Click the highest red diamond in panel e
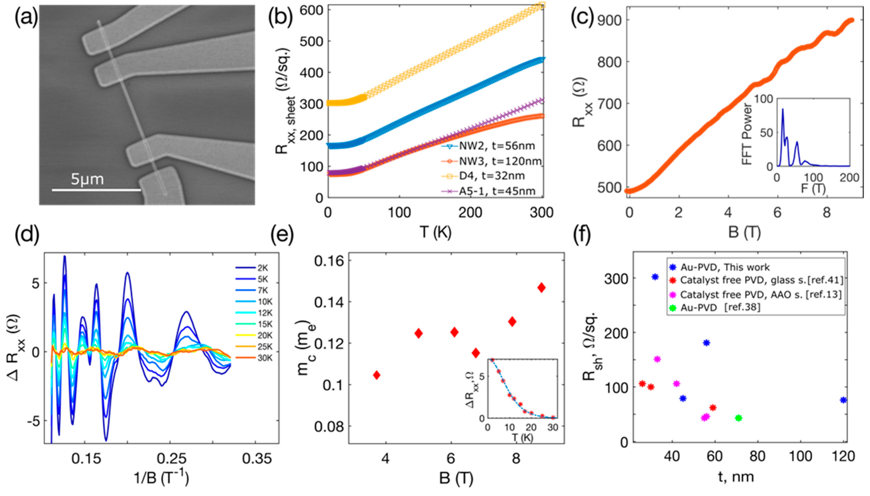point(541,288)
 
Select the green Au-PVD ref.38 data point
point(738,418)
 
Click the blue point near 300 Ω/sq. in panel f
point(655,277)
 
